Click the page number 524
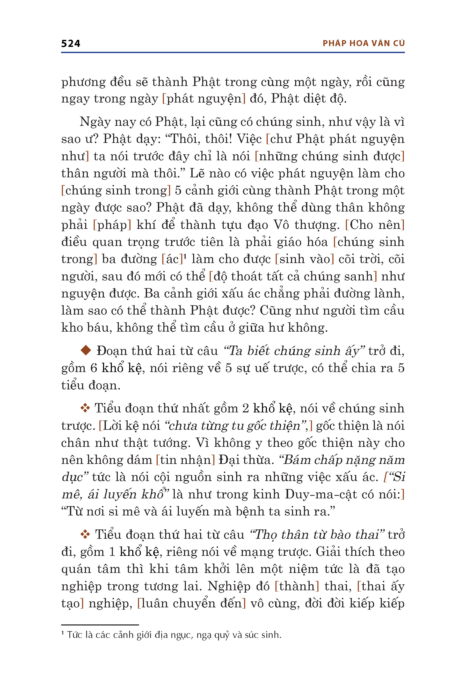click(x=70, y=43)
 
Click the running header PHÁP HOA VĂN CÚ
click(x=363, y=43)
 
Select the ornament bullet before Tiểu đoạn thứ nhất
click(x=85, y=408)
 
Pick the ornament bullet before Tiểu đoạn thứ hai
click(x=85, y=534)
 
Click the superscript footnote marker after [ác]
click(x=185, y=256)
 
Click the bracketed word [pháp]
click(x=112, y=225)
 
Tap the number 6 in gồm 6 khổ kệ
click(x=94, y=368)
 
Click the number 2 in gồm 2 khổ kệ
click(x=245, y=409)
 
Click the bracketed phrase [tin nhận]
click(x=185, y=460)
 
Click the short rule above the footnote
click(x=100, y=625)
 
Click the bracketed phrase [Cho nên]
click(x=375, y=225)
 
